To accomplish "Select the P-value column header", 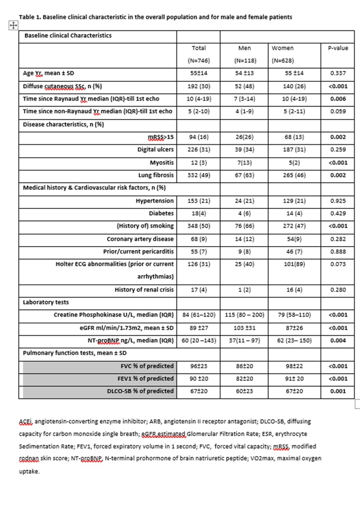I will (x=338, y=48).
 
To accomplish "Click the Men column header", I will (x=244, y=48).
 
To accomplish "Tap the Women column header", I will (x=283, y=48).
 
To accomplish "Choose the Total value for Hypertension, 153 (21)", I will (x=198, y=201).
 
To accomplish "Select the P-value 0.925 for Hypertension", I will (x=338, y=201).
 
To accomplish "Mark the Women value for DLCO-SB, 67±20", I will (x=283, y=391).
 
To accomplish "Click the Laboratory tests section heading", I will (x=46, y=302).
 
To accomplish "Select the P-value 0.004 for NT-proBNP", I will (x=338, y=341).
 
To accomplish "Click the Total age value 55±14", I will (x=198, y=72).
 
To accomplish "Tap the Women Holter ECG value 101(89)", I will (x=283, y=264).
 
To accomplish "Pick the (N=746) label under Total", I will (x=198, y=61).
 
